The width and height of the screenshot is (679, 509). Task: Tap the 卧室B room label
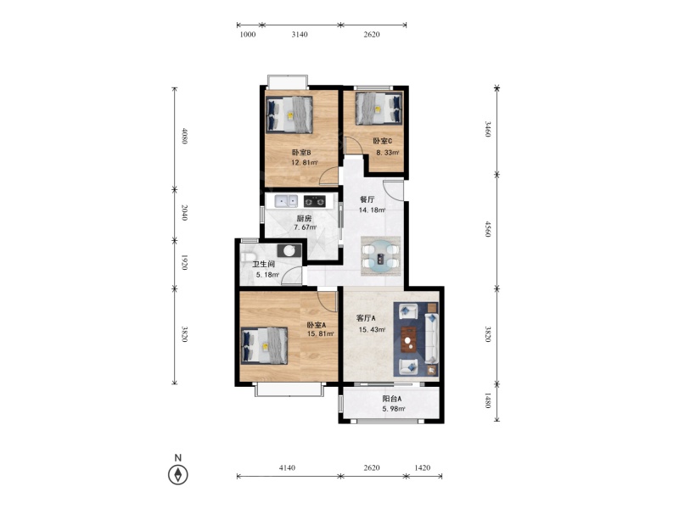pyautogui.click(x=301, y=153)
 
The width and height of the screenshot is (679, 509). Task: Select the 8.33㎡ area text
pyautogui.click(x=387, y=153)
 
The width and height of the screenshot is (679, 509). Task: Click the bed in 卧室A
pyautogui.click(x=264, y=345)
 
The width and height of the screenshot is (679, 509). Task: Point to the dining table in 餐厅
pyautogui.click(x=380, y=256)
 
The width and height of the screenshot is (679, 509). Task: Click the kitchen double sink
pyautogui.click(x=286, y=201)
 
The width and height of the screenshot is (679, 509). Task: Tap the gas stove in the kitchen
pyautogui.click(x=314, y=201)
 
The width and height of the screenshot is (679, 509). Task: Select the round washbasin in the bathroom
pyautogui.click(x=289, y=250)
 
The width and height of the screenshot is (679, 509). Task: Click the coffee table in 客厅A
pyautogui.click(x=408, y=339)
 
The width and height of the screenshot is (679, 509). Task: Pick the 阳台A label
pyautogui.click(x=391, y=399)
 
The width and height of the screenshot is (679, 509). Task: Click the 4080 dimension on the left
pyautogui.click(x=184, y=136)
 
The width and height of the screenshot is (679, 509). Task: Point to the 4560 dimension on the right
pyautogui.click(x=488, y=229)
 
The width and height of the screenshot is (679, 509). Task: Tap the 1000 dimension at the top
pyautogui.click(x=248, y=34)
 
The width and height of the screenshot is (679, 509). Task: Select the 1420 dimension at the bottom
pyautogui.click(x=422, y=467)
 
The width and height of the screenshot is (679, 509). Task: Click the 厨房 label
pyautogui.click(x=304, y=218)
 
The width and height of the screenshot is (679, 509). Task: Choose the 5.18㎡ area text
pyautogui.click(x=267, y=274)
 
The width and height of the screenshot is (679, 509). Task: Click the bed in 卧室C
pyautogui.click(x=379, y=109)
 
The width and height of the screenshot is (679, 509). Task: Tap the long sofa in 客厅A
pyautogui.click(x=432, y=338)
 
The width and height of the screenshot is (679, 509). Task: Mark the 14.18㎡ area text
pyautogui.click(x=372, y=210)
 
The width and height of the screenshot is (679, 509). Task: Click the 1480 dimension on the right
pyautogui.click(x=488, y=400)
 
